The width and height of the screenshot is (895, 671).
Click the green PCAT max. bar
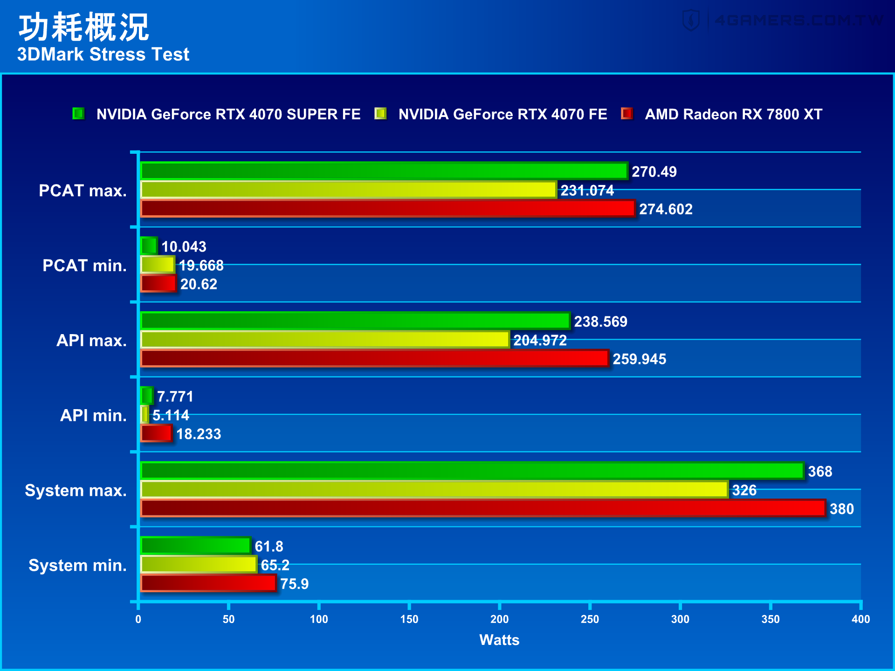[x=384, y=171]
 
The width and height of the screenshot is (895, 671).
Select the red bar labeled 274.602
[x=388, y=209]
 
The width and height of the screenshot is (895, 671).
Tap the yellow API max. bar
[x=325, y=340]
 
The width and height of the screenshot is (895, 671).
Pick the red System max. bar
[x=483, y=508]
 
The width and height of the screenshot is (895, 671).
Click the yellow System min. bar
[x=199, y=564]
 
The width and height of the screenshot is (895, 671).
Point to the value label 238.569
[x=600, y=322]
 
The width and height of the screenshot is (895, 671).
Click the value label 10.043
[x=184, y=246]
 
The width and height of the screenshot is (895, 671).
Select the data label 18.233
[x=199, y=434]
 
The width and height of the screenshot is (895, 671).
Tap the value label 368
[x=820, y=471]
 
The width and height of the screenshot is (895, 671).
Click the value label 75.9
[x=294, y=583]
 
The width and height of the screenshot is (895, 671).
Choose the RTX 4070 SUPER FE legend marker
[x=78, y=114]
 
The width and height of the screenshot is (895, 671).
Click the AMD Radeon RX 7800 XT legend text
[x=733, y=114]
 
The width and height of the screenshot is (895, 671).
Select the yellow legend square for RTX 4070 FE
[x=380, y=114]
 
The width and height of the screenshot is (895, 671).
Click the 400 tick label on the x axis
[x=861, y=619]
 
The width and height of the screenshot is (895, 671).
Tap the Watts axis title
[x=499, y=640]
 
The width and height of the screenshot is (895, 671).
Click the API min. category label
[x=93, y=415]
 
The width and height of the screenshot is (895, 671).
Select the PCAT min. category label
[x=84, y=266]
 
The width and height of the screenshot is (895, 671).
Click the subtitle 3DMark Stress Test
[x=103, y=55]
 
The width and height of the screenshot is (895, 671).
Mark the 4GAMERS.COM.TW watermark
[x=783, y=21]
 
